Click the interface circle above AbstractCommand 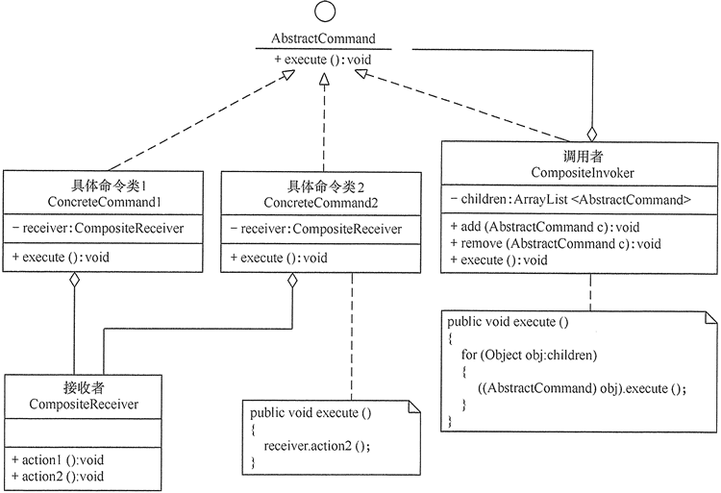322,13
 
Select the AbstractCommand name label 322,39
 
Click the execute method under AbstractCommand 322,60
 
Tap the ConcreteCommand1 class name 103,202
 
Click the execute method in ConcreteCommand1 60,257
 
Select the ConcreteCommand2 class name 320,202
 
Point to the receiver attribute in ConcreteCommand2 320,229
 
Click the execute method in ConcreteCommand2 279,258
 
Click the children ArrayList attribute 570,200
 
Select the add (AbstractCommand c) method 544,227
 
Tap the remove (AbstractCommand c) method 555,243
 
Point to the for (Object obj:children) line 529,355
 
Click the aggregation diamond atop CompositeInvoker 593,132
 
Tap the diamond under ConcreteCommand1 74,281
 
